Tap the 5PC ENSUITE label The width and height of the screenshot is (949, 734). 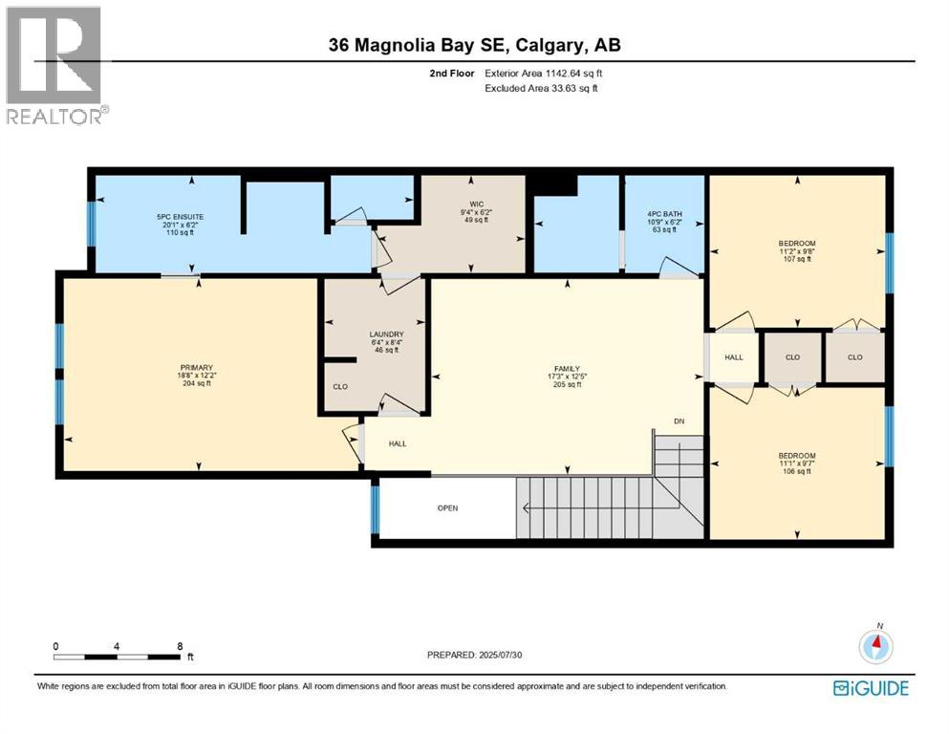coord(181,217)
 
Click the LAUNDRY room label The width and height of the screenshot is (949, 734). coord(380,335)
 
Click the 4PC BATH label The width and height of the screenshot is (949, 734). coord(665,214)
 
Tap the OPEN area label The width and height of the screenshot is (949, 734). coord(447,507)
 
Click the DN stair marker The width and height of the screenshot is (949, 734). coord(679,421)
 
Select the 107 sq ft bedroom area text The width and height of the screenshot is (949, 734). coord(796,260)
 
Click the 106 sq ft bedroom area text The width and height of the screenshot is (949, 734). coord(796,471)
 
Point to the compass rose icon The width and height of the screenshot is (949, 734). coord(874,646)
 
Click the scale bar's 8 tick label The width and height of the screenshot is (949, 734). coord(180,646)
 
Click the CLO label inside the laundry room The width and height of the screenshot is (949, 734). coord(339,387)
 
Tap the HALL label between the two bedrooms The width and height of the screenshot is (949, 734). coord(733,357)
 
